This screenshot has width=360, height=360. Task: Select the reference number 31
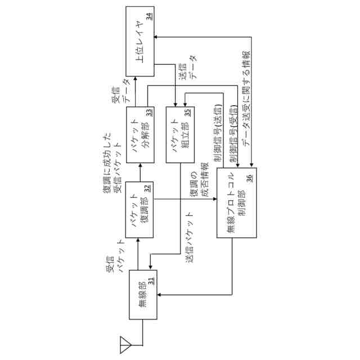click(151, 279)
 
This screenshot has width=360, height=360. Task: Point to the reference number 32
click(148, 188)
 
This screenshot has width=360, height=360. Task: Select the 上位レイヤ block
click(140, 48)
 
